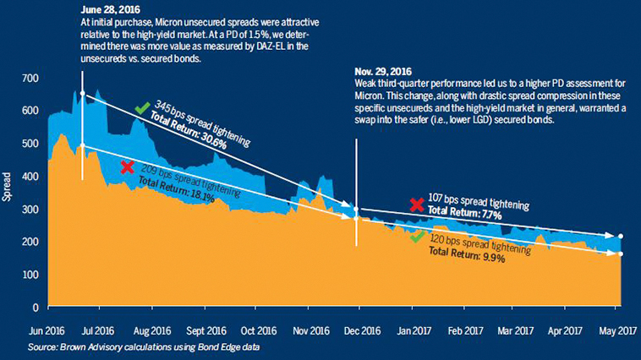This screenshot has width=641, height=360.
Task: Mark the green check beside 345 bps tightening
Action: click(142, 107)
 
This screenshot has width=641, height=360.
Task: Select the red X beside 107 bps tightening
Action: click(416, 205)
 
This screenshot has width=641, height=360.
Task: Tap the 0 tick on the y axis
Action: click(34, 308)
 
